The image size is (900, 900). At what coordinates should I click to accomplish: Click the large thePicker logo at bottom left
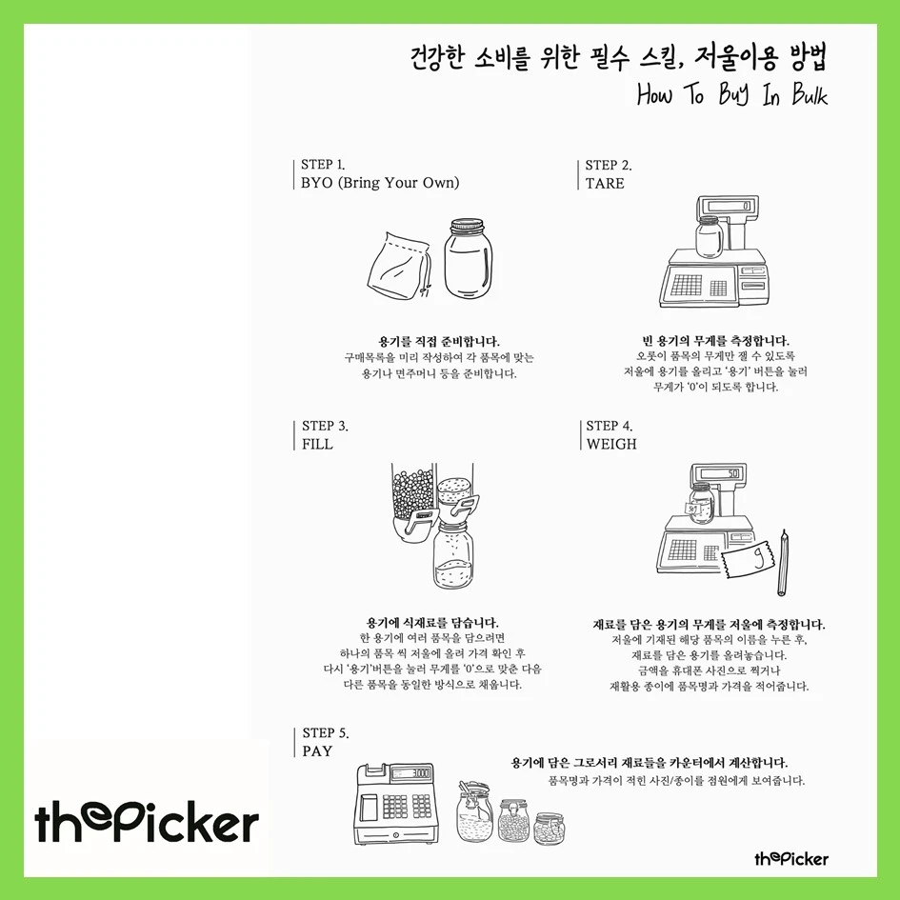pos(147,821)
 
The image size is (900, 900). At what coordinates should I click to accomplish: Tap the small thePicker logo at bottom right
pos(790,859)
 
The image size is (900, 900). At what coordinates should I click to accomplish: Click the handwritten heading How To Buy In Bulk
pos(731,94)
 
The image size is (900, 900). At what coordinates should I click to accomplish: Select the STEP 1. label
pos(323,165)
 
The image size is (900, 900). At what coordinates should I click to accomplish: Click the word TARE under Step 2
pos(605,184)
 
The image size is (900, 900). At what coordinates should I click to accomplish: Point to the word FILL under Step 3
pos(317,444)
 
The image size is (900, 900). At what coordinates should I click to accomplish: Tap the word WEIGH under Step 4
pos(611,444)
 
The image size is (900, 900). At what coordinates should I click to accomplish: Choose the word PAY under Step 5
pos(317,751)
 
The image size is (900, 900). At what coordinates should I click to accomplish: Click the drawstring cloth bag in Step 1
pos(399,266)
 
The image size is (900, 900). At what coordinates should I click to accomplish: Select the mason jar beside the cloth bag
pos(468,258)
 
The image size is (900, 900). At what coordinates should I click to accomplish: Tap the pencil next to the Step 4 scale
pos(783,563)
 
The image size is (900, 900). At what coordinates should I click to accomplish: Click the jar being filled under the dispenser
pos(453,553)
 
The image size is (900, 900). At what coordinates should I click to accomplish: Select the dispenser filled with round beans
pos(412,499)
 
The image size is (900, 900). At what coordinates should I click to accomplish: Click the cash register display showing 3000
pos(412,773)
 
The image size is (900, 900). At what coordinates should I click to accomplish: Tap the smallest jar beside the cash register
pos(550,829)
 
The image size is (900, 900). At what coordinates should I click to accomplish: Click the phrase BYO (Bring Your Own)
pos(380,183)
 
